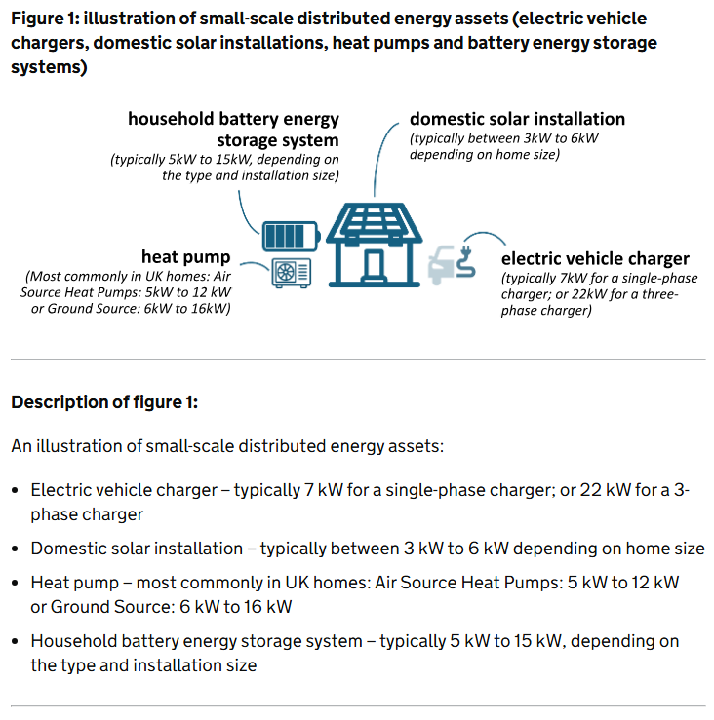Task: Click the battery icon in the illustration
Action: pyautogui.click(x=289, y=237)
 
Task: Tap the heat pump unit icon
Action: pyautogui.click(x=290, y=272)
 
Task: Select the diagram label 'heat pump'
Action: pyautogui.click(x=185, y=257)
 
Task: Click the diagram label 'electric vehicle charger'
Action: pyautogui.click(x=595, y=258)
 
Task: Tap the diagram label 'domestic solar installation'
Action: pyautogui.click(x=517, y=119)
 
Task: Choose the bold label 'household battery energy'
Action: pyautogui.click(x=233, y=119)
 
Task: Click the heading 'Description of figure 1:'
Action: pyautogui.click(x=104, y=402)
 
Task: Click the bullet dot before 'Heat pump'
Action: pyautogui.click(x=16, y=584)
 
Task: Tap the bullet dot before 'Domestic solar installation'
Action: pyautogui.click(x=16, y=549)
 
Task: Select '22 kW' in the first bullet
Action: pyautogui.click(x=604, y=490)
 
